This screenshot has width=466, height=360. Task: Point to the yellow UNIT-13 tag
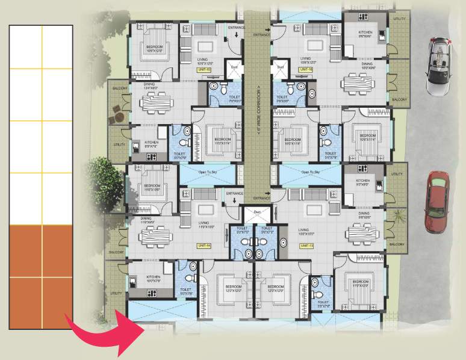coord(306,246)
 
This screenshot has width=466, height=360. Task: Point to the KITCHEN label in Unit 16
coord(365,33)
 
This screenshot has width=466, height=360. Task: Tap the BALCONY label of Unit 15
coord(117,88)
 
